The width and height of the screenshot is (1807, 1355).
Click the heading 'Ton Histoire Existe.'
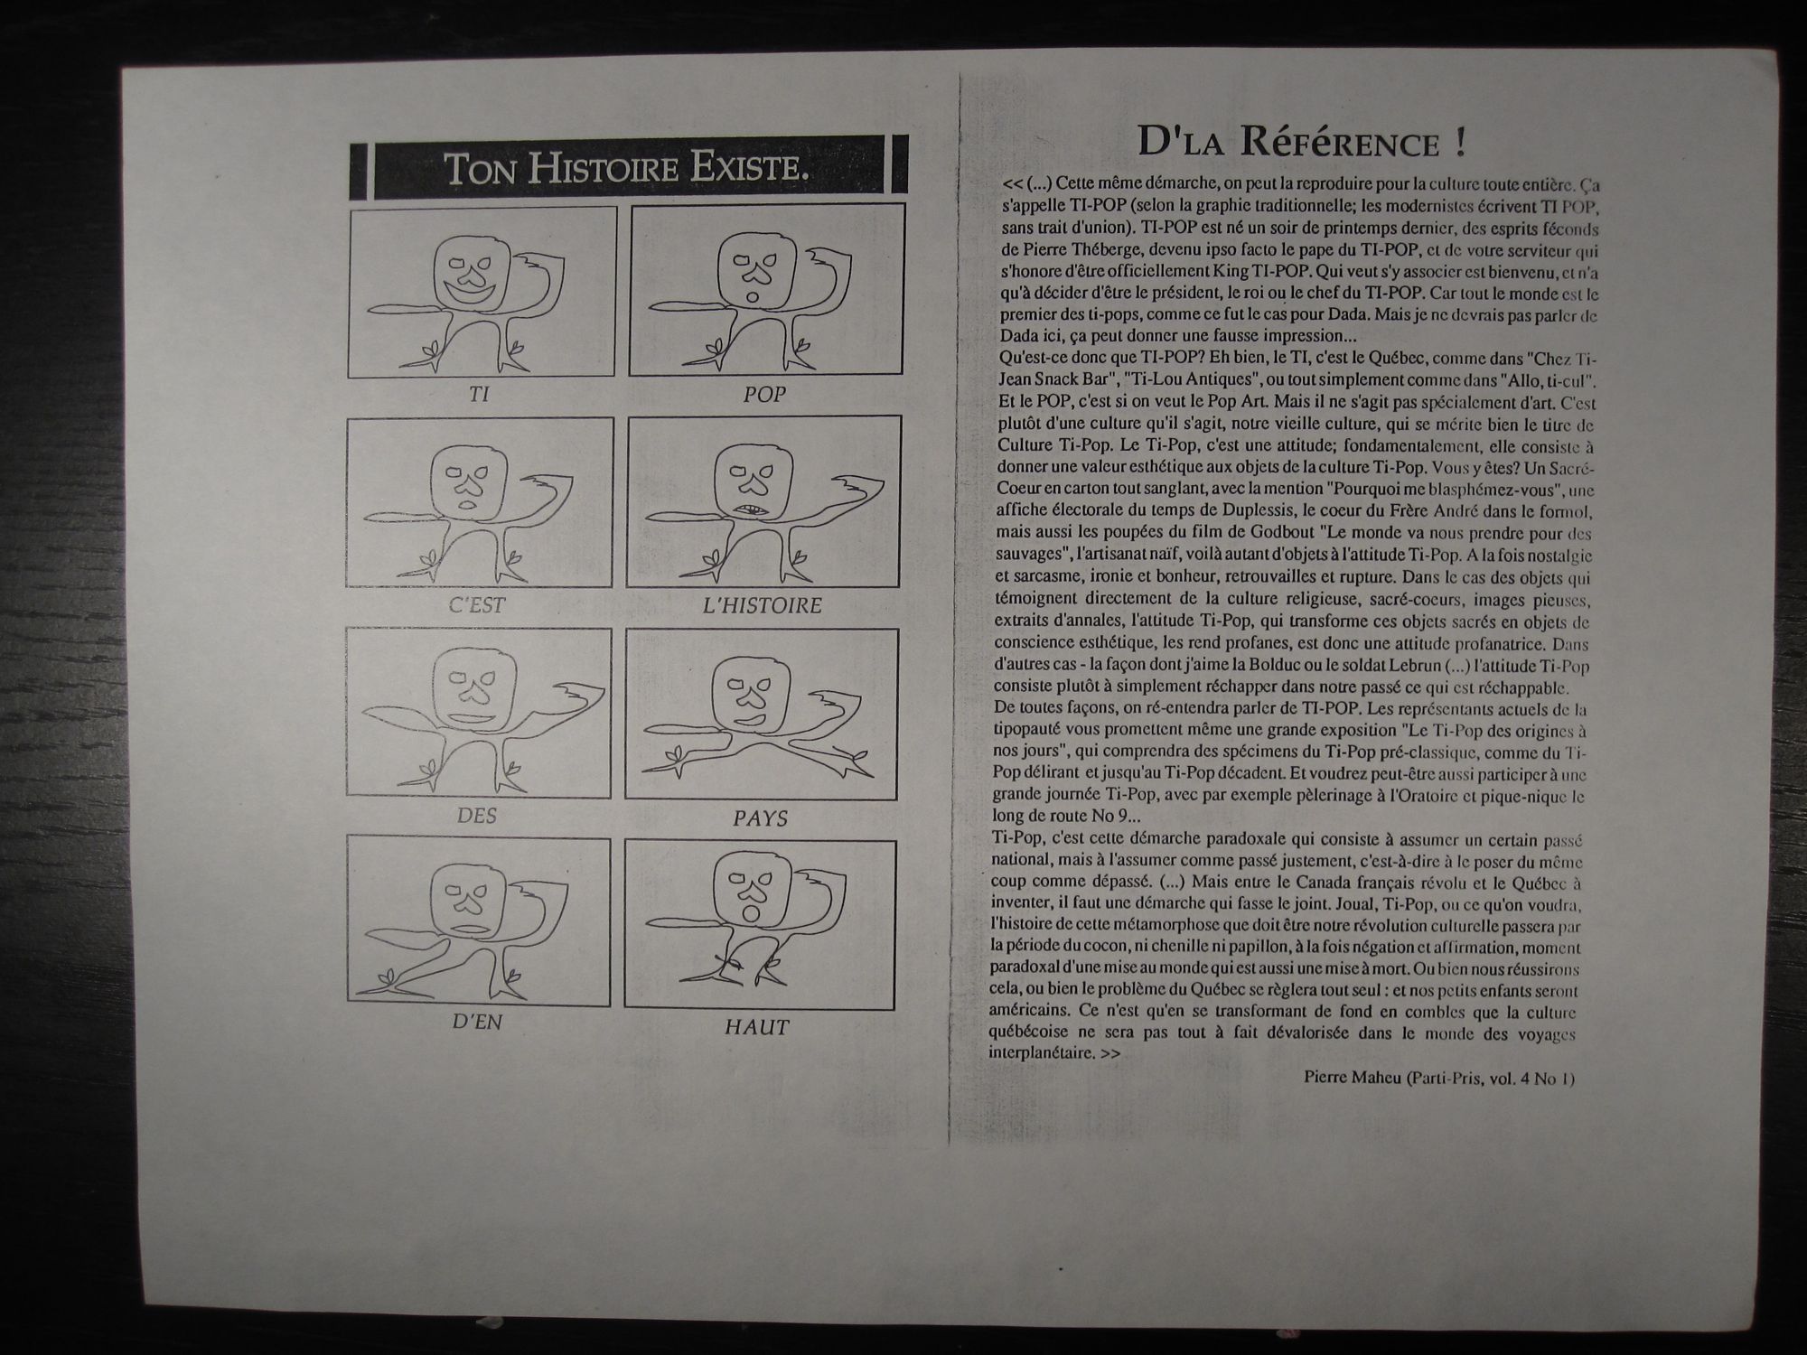point(626,169)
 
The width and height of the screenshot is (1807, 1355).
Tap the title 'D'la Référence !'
point(1301,142)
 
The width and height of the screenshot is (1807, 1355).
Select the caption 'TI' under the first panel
point(479,395)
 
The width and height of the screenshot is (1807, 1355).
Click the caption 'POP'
point(764,395)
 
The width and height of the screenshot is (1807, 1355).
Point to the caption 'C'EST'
point(477,605)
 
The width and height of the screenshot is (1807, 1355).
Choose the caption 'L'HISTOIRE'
point(763,605)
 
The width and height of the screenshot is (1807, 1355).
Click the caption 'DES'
point(477,816)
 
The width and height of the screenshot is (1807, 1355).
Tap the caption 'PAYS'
point(761,818)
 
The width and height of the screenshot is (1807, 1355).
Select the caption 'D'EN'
point(477,1023)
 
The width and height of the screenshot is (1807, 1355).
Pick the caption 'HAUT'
point(756,1027)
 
